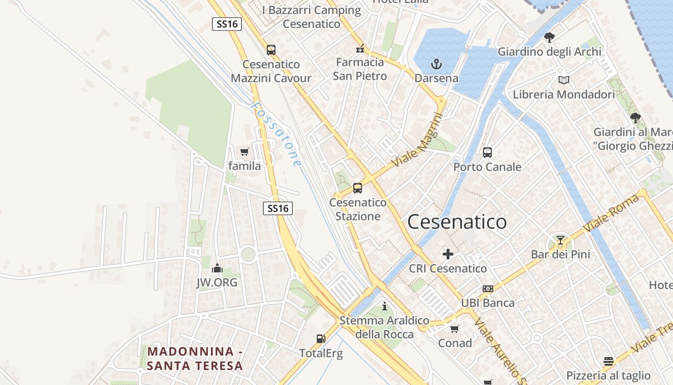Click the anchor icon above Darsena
436,64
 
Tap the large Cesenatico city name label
457,222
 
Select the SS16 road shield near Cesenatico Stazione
278,208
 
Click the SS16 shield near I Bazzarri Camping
226,24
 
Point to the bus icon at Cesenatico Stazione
358,188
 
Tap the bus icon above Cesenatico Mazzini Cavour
271,50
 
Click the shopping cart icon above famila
245,152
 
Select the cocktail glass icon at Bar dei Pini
560,240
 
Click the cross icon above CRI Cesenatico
448,254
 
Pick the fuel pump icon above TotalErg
321,339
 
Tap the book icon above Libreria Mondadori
564,80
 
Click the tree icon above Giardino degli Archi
549,38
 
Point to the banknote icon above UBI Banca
488,289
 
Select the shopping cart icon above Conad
455,329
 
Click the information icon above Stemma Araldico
384,306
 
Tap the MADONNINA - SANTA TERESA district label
195,359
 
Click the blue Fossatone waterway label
277,135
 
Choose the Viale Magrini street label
417,140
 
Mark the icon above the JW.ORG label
217,268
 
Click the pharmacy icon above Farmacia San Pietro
360,49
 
